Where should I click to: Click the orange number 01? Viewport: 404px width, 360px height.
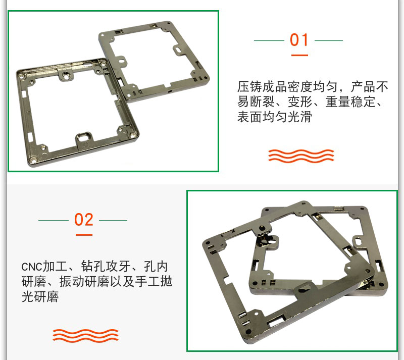pos(299,40)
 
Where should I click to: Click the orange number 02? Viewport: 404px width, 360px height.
pos(83,220)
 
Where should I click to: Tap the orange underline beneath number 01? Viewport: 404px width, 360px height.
pos(299,55)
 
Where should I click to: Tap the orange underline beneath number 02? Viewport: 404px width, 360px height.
pos(84,235)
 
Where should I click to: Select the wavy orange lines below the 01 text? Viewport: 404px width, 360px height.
pos(301,156)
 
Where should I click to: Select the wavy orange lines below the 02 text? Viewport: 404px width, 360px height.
pos(85,336)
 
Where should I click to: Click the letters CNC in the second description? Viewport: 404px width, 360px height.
pos(31,267)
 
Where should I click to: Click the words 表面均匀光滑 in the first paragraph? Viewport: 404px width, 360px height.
pos(274,117)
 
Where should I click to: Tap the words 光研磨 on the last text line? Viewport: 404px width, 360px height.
pos(40,296)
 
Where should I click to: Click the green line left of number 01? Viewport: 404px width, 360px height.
pos(269,40)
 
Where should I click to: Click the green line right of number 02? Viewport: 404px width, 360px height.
pos(113,220)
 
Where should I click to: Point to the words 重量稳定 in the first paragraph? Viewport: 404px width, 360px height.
pos(350,101)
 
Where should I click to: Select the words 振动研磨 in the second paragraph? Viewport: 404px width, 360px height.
pos(84,281)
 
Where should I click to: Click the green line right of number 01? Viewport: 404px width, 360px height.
pos(329,40)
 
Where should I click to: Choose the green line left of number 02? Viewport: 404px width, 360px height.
pos(54,220)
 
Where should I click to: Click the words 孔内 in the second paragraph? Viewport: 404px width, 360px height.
pos(156,267)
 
